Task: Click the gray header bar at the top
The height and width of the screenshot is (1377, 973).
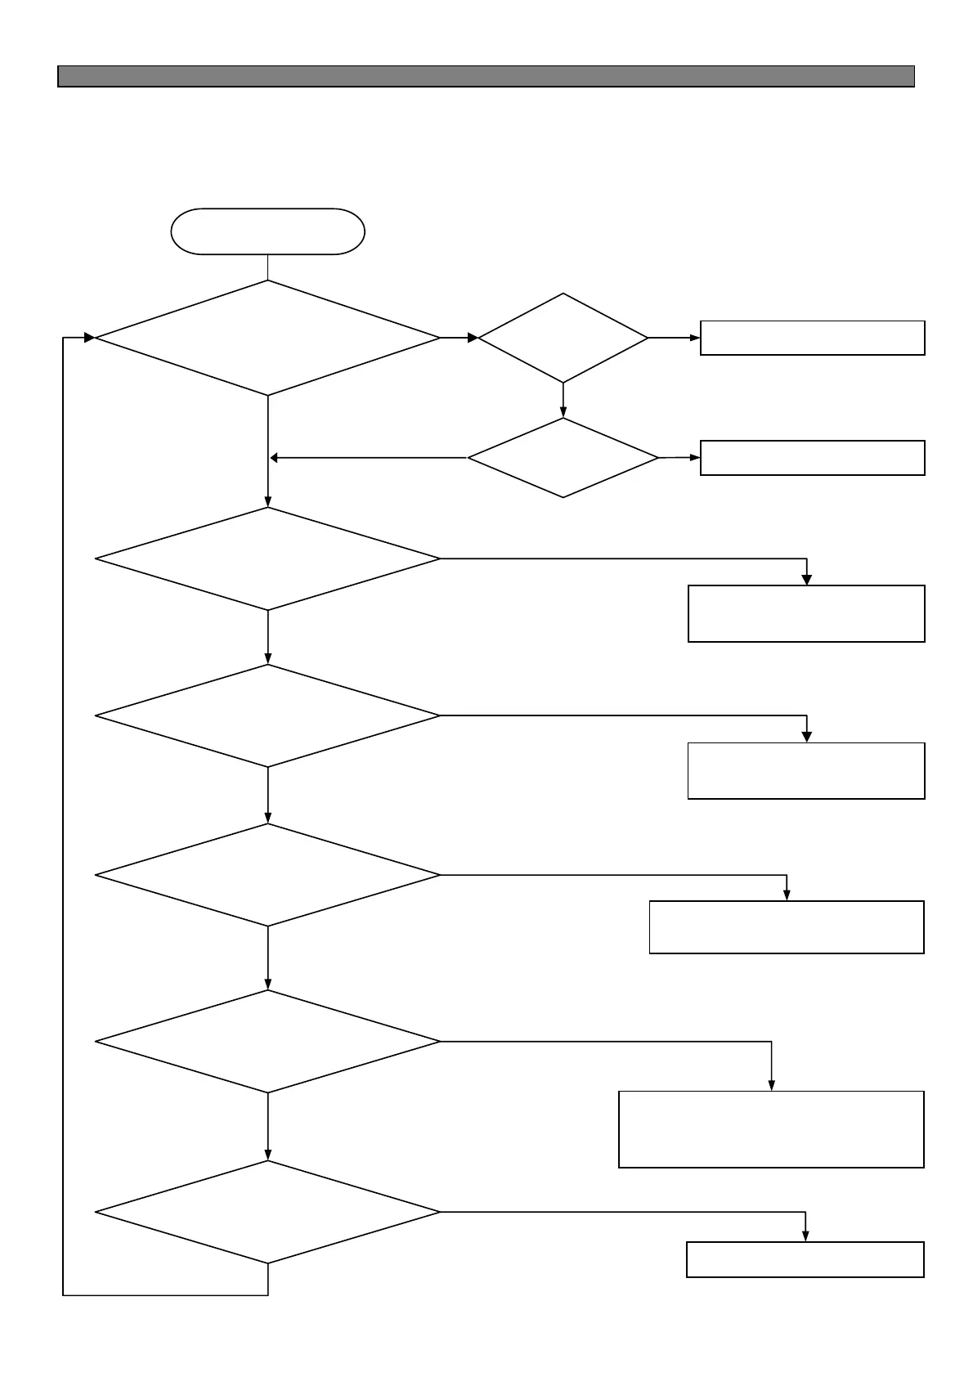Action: pos(486,76)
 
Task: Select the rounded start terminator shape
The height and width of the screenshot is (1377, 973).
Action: pos(267,231)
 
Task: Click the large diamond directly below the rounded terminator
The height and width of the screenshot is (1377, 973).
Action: pos(267,338)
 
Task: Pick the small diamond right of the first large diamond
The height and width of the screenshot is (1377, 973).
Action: pos(563,337)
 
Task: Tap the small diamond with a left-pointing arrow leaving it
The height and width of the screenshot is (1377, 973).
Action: pos(563,458)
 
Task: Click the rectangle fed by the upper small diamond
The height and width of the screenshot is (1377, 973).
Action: pos(812,338)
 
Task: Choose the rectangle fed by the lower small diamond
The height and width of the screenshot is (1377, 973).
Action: pos(812,458)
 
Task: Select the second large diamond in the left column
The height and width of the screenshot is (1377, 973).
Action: pos(267,558)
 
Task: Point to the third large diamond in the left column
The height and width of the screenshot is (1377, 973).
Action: pos(267,715)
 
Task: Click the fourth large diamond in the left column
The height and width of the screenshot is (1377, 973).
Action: pos(267,875)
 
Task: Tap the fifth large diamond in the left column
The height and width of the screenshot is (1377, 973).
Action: pos(267,1041)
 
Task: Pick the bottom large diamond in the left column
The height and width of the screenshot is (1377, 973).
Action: pos(267,1211)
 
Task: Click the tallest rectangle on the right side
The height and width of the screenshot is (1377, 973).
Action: pos(771,1128)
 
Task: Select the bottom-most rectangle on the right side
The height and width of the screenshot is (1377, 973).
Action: pos(805,1259)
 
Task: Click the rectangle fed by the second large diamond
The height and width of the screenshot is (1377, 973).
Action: pos(806,613)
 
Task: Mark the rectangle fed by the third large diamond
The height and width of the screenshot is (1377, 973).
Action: pos(806,770)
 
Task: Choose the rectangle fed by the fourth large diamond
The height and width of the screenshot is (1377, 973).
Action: pos(787,926)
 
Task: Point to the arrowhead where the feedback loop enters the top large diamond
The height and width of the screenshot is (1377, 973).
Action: pos(89,338)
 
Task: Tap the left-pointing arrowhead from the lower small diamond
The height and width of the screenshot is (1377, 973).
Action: pos(276,458)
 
